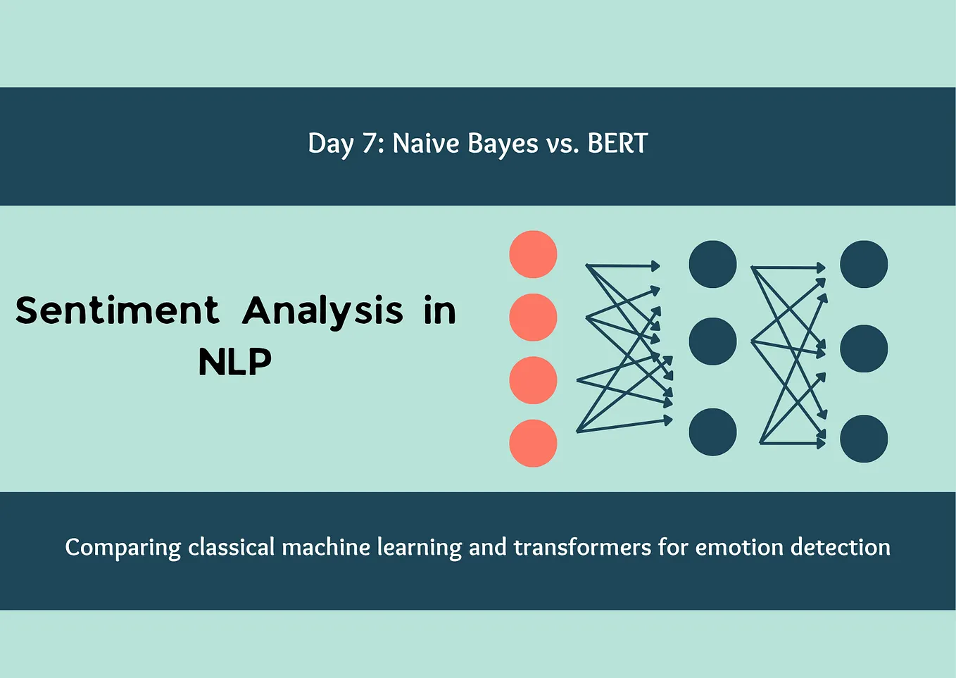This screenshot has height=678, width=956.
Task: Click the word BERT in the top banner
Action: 617,144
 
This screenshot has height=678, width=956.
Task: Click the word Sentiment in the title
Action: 117,310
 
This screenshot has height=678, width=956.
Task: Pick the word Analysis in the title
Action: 322,311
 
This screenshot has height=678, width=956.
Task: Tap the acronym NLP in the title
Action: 234,362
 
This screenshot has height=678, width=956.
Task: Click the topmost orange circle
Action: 533,254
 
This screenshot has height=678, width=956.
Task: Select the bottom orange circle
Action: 533,443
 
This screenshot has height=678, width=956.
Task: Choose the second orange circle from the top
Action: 533,318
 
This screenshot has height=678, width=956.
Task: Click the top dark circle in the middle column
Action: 712,264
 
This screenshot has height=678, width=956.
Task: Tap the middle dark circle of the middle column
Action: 712,341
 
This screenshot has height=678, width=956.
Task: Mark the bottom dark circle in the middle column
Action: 712,432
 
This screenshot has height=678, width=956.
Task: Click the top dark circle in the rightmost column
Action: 864,264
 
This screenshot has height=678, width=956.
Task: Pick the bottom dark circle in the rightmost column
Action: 864,439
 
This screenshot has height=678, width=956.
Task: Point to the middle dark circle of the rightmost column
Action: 864,349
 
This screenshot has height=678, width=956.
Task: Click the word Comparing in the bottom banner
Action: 122,548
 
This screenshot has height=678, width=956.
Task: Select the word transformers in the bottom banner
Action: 582,547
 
